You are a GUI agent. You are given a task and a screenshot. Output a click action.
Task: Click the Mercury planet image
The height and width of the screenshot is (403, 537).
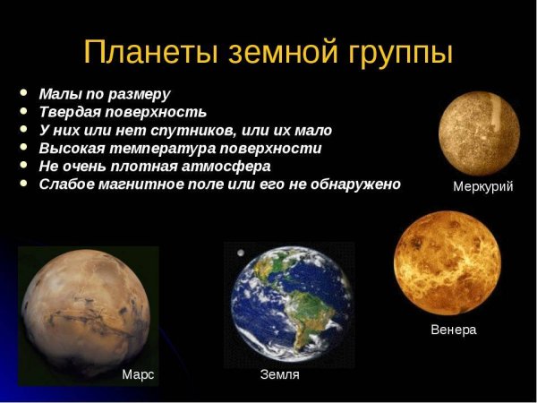pyautogui.click(x=479, y=133)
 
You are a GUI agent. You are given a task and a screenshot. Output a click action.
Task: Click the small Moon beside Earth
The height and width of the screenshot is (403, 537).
pyautogui.click(x=240, y=253)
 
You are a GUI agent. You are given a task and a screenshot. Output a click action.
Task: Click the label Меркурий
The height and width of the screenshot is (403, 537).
pyautogui.click(x=483, y=186)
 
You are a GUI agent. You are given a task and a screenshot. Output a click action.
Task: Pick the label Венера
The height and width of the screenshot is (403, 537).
pyautogui.click(x=454, y=330)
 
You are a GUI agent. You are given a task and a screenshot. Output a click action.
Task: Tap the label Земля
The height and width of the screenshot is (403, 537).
pyautogui.click(x=279, y=374)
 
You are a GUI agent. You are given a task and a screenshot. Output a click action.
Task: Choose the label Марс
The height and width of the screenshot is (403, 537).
pyautogui.click(x=138, y=374)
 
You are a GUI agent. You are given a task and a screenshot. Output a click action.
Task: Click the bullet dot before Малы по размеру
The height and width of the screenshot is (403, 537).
pyautogui.click(x=22, y=94)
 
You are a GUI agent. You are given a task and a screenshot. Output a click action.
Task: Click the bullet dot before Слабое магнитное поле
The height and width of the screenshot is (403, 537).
pyautogui.click(x=22, y=184)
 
